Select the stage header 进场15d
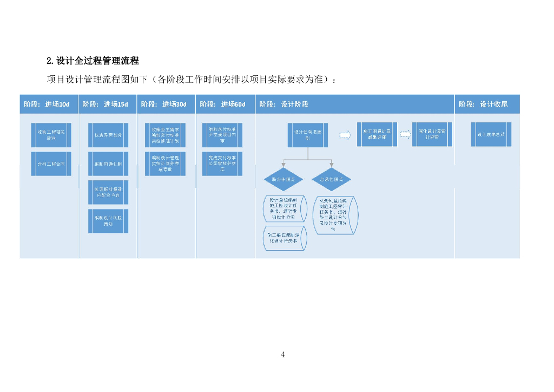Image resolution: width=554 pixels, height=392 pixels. (x=107, y=104)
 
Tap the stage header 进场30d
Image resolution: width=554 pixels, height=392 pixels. (x=166, y=104)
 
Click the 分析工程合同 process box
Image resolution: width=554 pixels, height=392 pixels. (x=51, y=164)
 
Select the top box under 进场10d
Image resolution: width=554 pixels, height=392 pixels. (x=51, y=135)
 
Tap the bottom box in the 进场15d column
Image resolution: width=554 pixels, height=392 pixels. (x=108, y=221)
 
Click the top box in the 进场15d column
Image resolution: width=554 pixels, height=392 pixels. (x=108, y=135)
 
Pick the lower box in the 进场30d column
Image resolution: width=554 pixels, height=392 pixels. (x=166, y=164)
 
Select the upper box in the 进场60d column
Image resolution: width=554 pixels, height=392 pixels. (x=222, y=135)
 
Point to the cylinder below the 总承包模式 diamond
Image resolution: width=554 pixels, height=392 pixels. (x=335, y=215)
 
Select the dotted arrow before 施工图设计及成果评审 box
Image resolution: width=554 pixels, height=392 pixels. (x=345, y=135)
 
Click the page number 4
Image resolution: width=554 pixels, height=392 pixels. (x=283, y=355)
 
